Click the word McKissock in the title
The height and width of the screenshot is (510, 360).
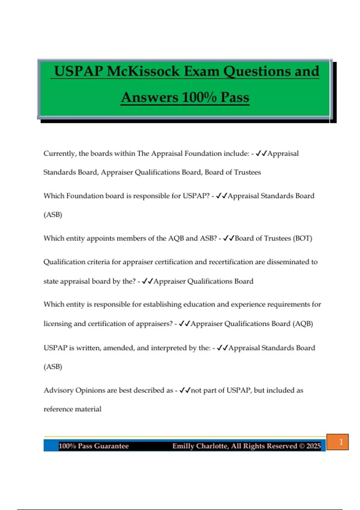pyautogui.click(x=143, y=71)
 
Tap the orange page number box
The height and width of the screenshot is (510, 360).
pyautogui.click(x=337, y=442)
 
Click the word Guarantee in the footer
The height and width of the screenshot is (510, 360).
pyautogui.click(x=112, y=446)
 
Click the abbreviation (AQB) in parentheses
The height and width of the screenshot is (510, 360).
pyautogui.click(x=303, y=324)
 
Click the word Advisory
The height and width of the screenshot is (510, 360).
pyautogui.click(x=58, y=390)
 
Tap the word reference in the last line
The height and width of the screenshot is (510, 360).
pyautogui.click(x=58, y=409)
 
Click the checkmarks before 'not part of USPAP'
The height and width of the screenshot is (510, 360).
pyautogui.click(x=185, y=390)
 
